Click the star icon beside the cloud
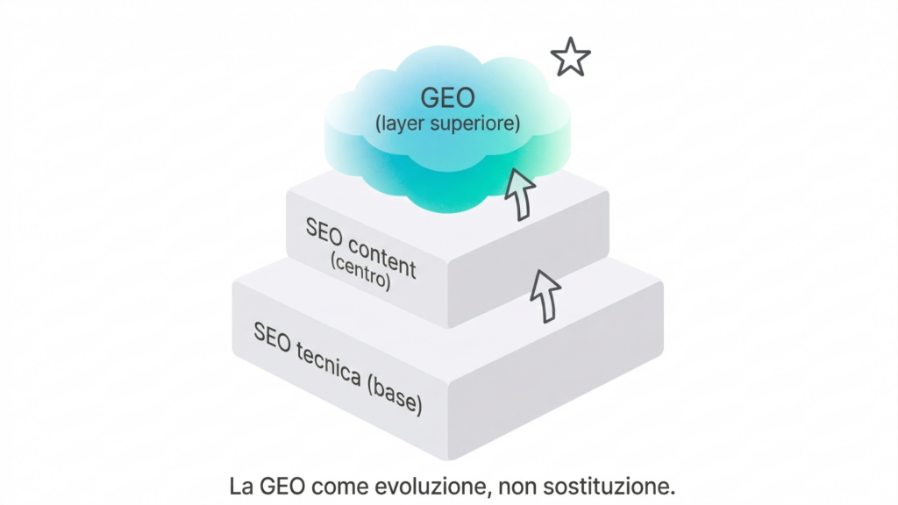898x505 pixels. point(570,58)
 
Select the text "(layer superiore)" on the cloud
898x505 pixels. point(447,124)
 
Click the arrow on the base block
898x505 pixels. point(545,295)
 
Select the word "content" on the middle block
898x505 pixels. point(381,253)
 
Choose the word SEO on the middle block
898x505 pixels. point(324,231)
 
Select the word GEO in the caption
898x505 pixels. point(282,485)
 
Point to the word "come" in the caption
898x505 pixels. point(339,485)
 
